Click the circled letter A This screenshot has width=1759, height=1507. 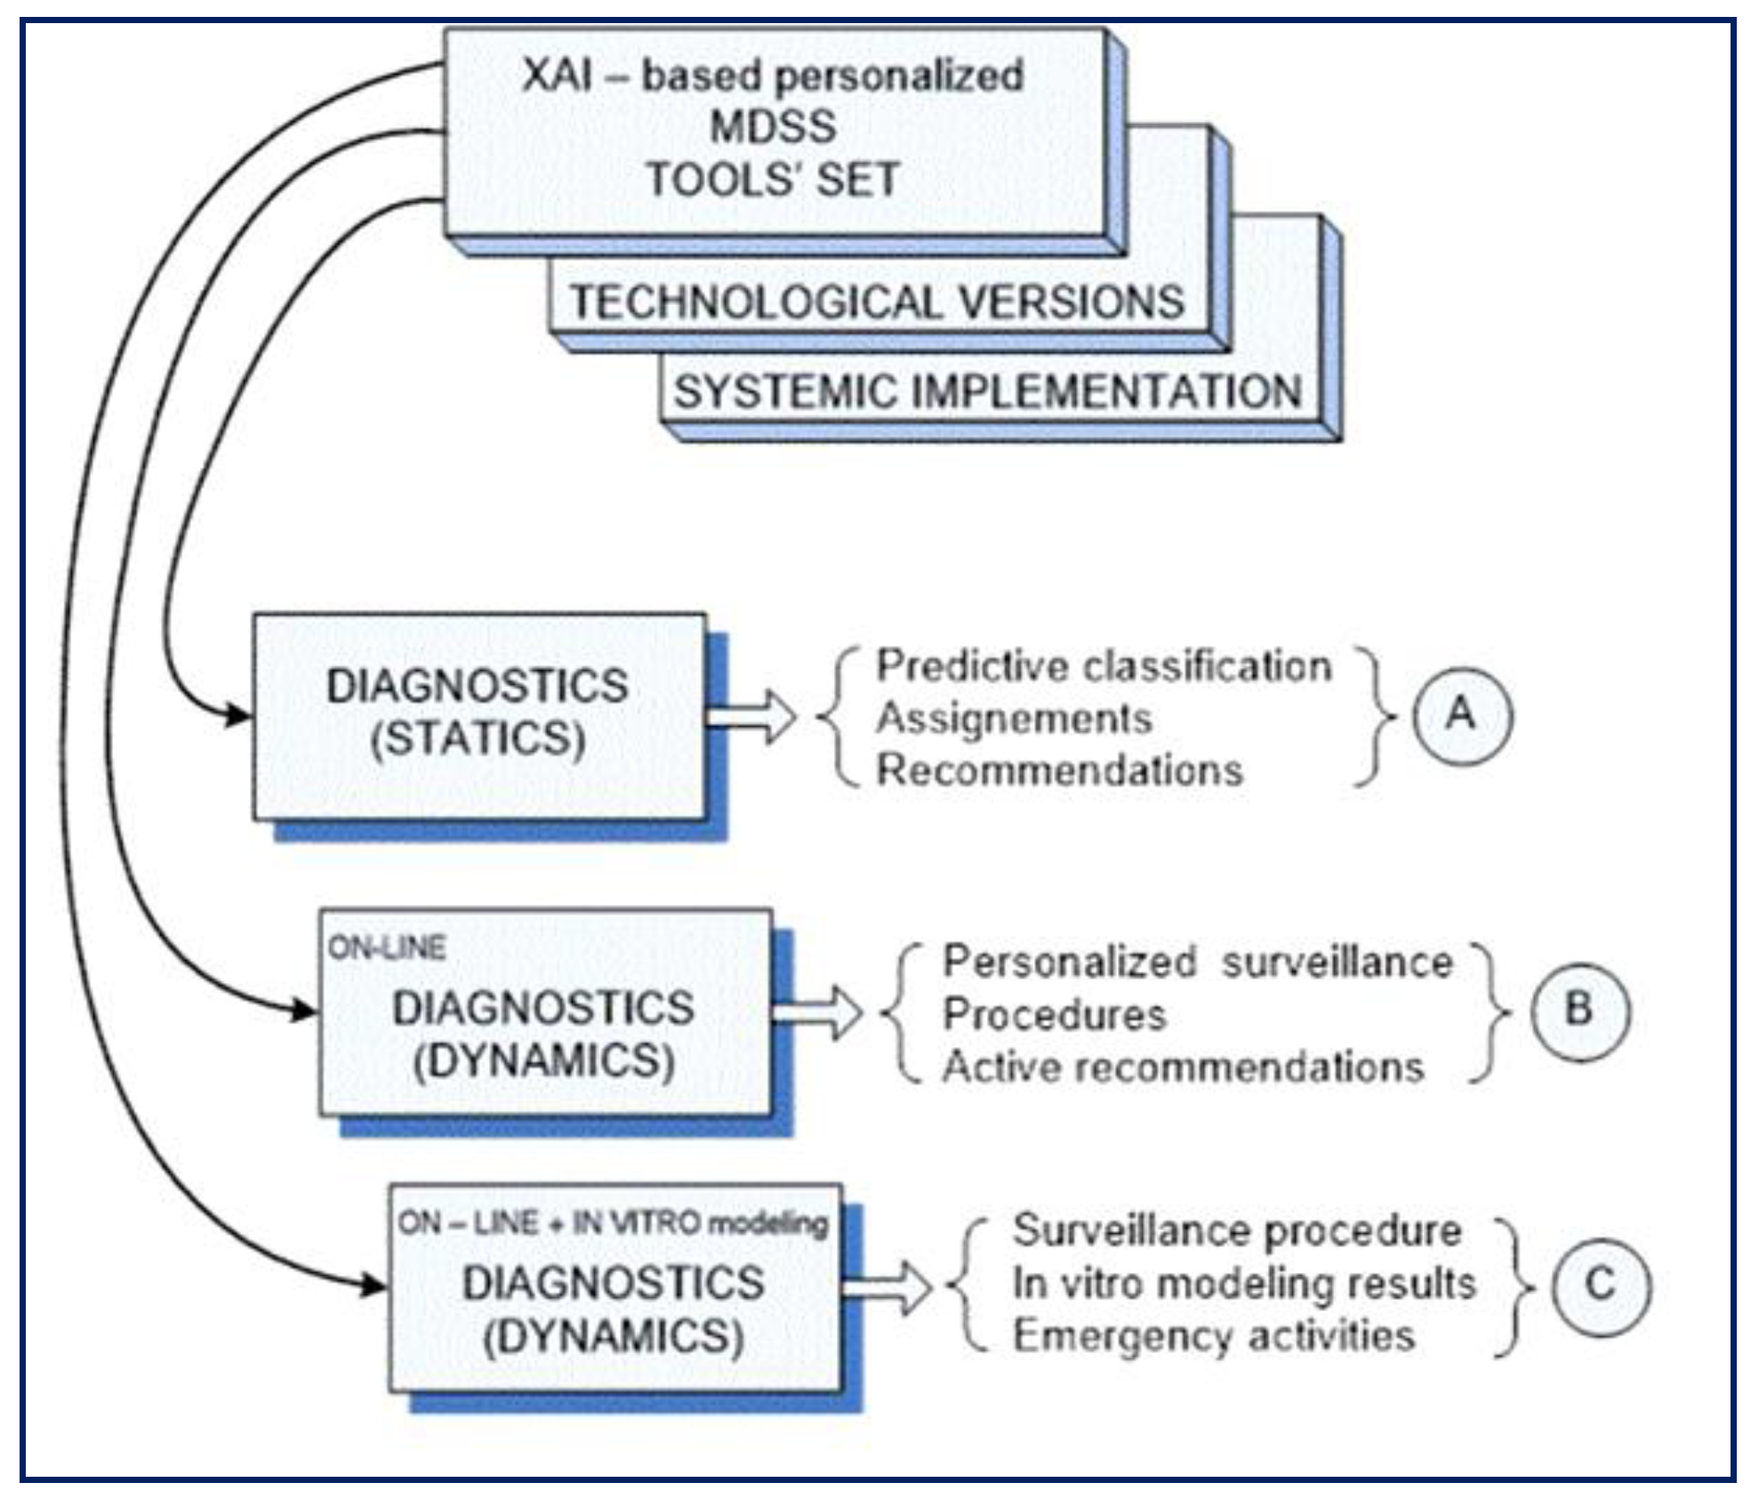(x=1461, y=715)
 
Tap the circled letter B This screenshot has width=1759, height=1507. (x=1579, y=1011)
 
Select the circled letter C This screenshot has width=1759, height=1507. (x=1600, y=1285)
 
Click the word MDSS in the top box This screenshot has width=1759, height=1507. (x=773, y=126)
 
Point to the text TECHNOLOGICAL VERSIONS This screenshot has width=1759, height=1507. (x=877, y=302)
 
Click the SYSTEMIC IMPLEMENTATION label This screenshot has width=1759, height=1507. (x=987, y=392)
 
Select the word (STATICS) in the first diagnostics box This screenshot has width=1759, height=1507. (x=478, y=739)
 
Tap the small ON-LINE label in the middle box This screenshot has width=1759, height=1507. (x=387, y=948)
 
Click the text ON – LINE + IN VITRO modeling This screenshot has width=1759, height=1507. (x=613, y=1223)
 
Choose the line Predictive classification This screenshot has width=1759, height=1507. (x=1103, y=666)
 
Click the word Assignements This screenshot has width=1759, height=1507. (x=1014, y=719)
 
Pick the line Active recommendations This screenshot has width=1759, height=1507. (x=1183, y=1067)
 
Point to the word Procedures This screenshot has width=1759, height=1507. (x=1054, y=1015)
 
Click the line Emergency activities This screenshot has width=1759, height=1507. (x=1213, y=1336)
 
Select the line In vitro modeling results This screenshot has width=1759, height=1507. (x=1243, y=1284)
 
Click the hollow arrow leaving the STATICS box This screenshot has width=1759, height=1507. (x=756, y=717)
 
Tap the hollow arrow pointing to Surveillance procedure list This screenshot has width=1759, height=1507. (x=889, y=1287)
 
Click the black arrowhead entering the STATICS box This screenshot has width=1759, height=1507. (x=238, y=714)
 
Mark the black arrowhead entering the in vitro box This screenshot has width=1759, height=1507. (x=373, y=1285)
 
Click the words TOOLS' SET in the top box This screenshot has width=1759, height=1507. (x=773, y=180)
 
